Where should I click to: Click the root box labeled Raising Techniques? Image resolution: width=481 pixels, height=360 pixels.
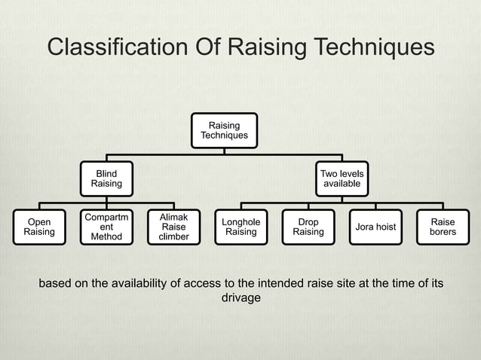pyautogui.click(x=224, y=130)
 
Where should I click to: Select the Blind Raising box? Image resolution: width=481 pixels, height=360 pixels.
pyautogui.click(x=106, y=178)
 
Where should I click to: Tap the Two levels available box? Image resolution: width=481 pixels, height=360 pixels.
pyautogui.click(x=342, y=178)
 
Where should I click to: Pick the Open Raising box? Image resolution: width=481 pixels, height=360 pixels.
pyautogui.click(x=39, y=227)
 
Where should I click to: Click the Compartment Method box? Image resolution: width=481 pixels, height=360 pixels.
pyautogui.click(x=106, y=227)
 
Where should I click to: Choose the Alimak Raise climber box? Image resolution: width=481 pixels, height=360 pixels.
pyautogui.click(x=174, y=227)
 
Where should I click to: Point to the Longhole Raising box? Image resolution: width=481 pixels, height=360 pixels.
pyautogui.click(x=241, y=227)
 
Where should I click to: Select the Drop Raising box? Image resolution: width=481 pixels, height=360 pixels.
pyautogui.click(x=308, y=227)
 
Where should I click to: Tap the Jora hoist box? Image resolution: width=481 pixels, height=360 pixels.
pyautogui.click(x=375, y=227)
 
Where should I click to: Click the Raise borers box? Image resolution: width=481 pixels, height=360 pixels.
pyautogui.click(x=443, y=227)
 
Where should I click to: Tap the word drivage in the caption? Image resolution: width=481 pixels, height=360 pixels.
pyautogui.click(x=240, y=298)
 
